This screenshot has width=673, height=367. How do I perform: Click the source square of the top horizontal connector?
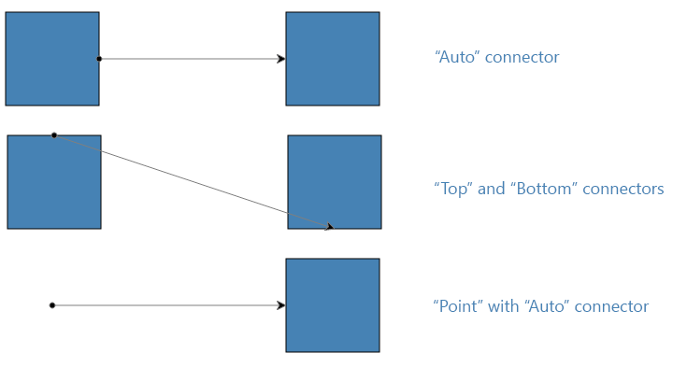[52, 59]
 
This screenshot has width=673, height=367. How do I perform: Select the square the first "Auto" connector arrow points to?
[333, 59]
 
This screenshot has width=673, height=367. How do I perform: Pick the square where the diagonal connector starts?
[54, 182]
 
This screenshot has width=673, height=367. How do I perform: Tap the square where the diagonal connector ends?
[335, 182]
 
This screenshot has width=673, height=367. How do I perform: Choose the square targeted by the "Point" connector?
[333, 305]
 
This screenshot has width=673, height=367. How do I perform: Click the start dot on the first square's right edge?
[99, 59]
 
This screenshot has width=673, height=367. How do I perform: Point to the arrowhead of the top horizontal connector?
[280, 59]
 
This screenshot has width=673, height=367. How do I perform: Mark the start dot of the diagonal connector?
[54, 135]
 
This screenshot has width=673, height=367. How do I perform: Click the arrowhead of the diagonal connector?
[329, 226]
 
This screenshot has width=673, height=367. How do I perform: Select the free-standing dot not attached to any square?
[52, 305]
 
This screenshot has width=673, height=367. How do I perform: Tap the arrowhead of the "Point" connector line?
[280, 305]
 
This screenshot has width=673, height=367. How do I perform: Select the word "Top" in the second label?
[453, 189]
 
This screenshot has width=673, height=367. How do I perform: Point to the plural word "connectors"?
[623, 189]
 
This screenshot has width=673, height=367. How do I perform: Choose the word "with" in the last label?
[505, 306]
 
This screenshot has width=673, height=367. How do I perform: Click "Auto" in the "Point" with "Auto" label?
[547, 306]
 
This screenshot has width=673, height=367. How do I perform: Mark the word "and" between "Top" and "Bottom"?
[491, 189]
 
